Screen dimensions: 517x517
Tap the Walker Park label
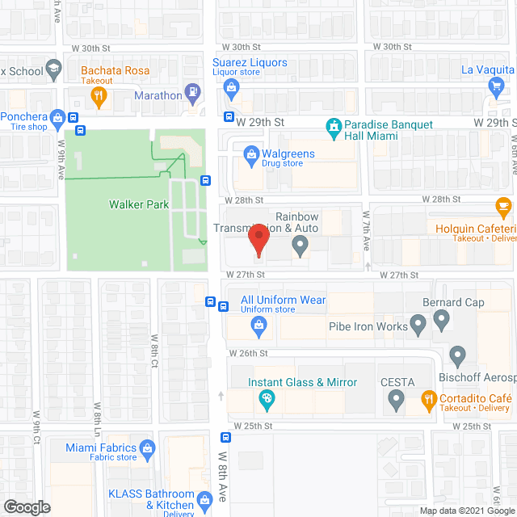tap(139, 204)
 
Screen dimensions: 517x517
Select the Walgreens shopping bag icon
tap(251, 153)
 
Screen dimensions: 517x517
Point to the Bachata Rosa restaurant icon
tap(99, 97)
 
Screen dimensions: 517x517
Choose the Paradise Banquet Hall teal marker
tap(332, 128)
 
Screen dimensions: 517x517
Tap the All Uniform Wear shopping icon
tap(258, 326)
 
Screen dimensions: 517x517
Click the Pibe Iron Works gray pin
tap(418, 326)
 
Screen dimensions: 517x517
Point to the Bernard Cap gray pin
tap(441, 320)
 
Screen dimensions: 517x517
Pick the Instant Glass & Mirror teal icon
tap(265, 397)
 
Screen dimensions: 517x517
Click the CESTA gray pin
tap(396, 397)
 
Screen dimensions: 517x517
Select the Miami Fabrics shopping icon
tap(147, 448)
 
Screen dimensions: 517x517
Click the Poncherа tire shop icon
tap(57, 120)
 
